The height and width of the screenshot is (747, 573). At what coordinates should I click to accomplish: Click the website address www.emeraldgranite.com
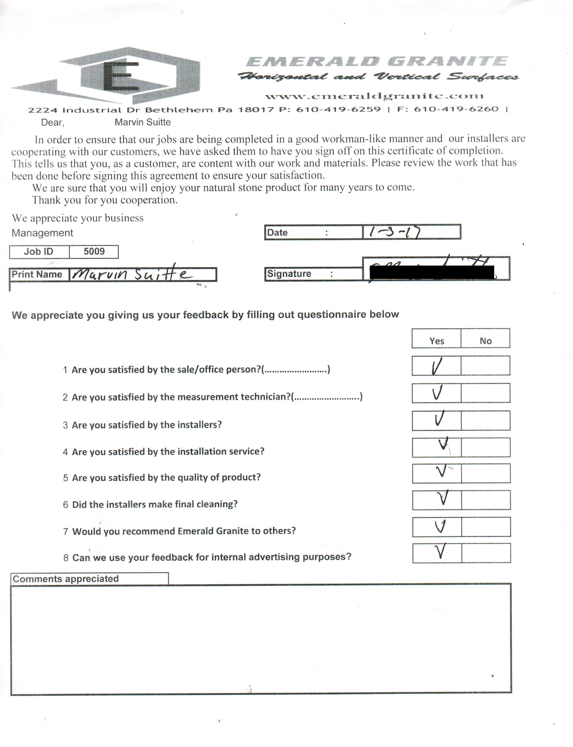coord(374,96)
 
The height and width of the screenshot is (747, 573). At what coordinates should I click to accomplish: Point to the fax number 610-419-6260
coord(456,109)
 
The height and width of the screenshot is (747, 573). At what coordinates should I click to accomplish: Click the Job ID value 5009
coord(94,252)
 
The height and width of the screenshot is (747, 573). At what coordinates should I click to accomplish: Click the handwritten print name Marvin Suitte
coord(131,274)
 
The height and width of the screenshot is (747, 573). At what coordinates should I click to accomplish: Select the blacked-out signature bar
coord(432,272)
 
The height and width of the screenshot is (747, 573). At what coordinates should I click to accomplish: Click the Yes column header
coord(437,341)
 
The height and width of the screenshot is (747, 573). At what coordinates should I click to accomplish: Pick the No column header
coord(485,341)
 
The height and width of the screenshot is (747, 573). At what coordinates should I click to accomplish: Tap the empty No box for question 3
coord(485,420)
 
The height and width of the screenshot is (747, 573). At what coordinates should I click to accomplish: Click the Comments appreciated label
coord(66,579)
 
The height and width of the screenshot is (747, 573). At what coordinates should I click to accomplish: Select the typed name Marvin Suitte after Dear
coord(143,122)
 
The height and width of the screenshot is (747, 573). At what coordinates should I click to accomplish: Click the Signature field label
coord(289,274)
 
